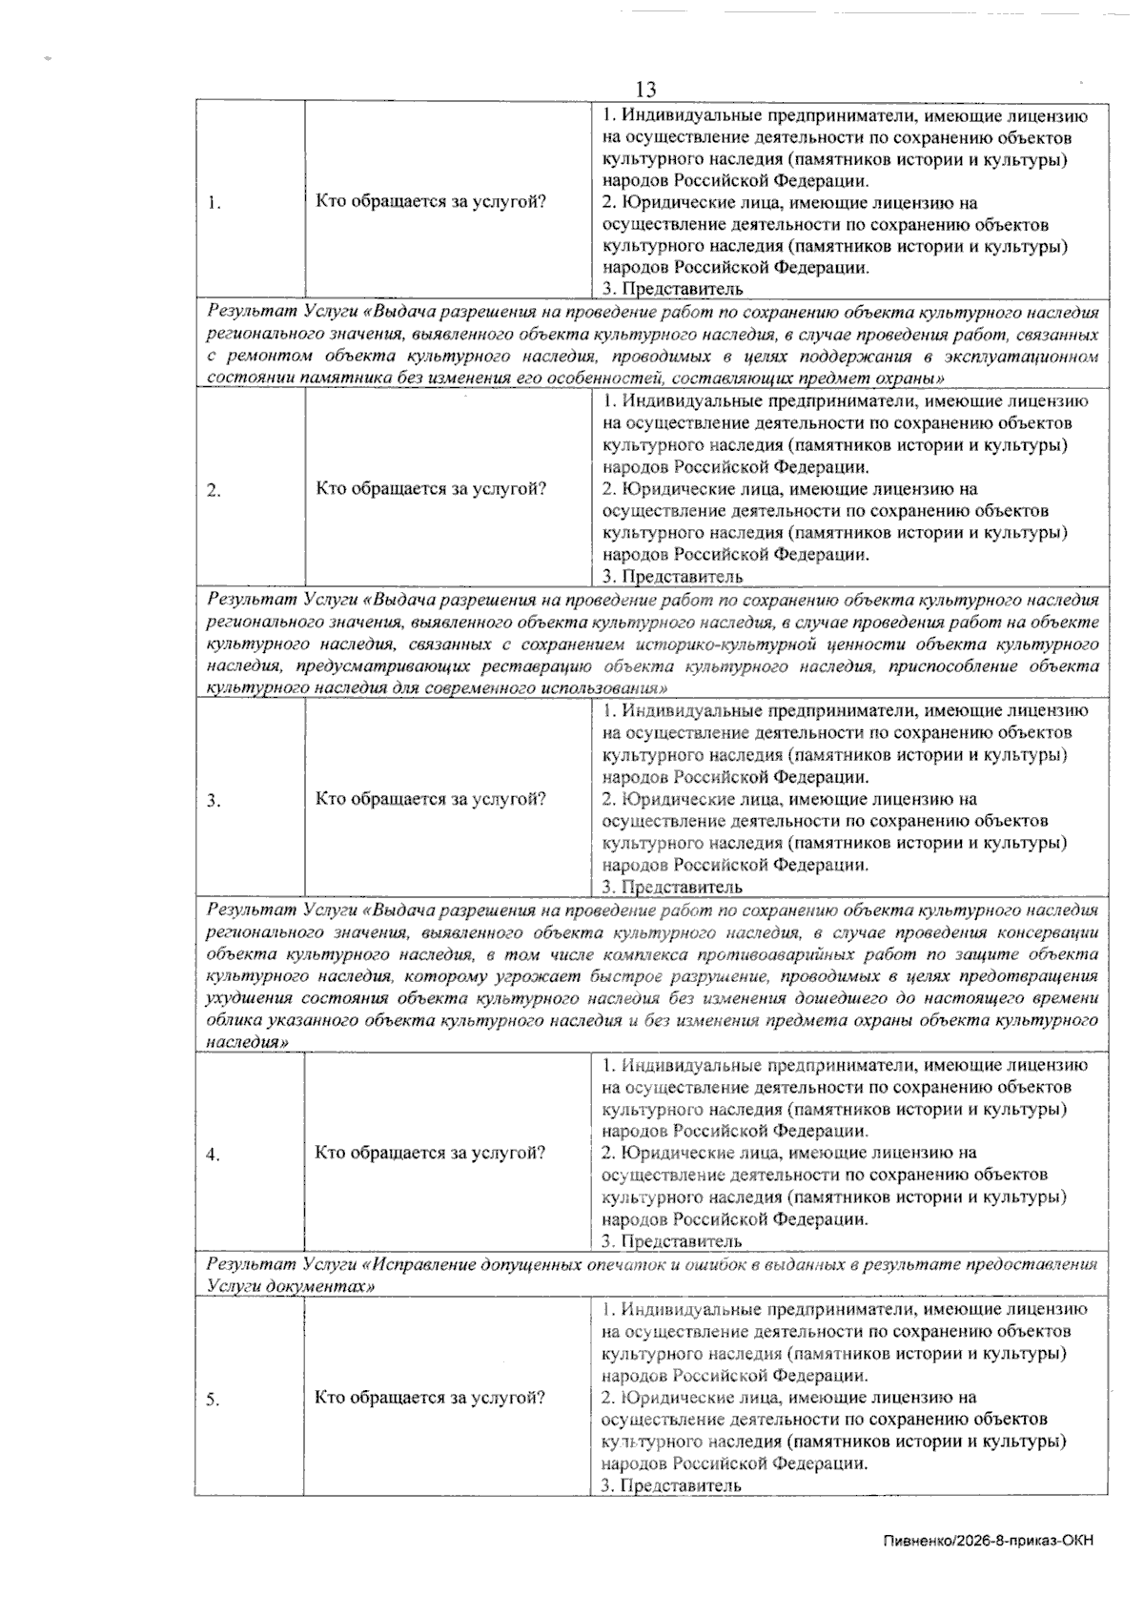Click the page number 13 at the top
coord(645,90)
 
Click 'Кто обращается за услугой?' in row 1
coord(431,202)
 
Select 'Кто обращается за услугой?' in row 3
coord(431,799)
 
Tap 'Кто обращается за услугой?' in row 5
coord(431,1398)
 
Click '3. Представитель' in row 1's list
coord(672,289)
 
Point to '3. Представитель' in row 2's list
coord(672,576)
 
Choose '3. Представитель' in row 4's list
coord(672,1241)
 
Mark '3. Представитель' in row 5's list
coord(672,1485)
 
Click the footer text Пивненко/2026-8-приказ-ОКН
coord(988,1541)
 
